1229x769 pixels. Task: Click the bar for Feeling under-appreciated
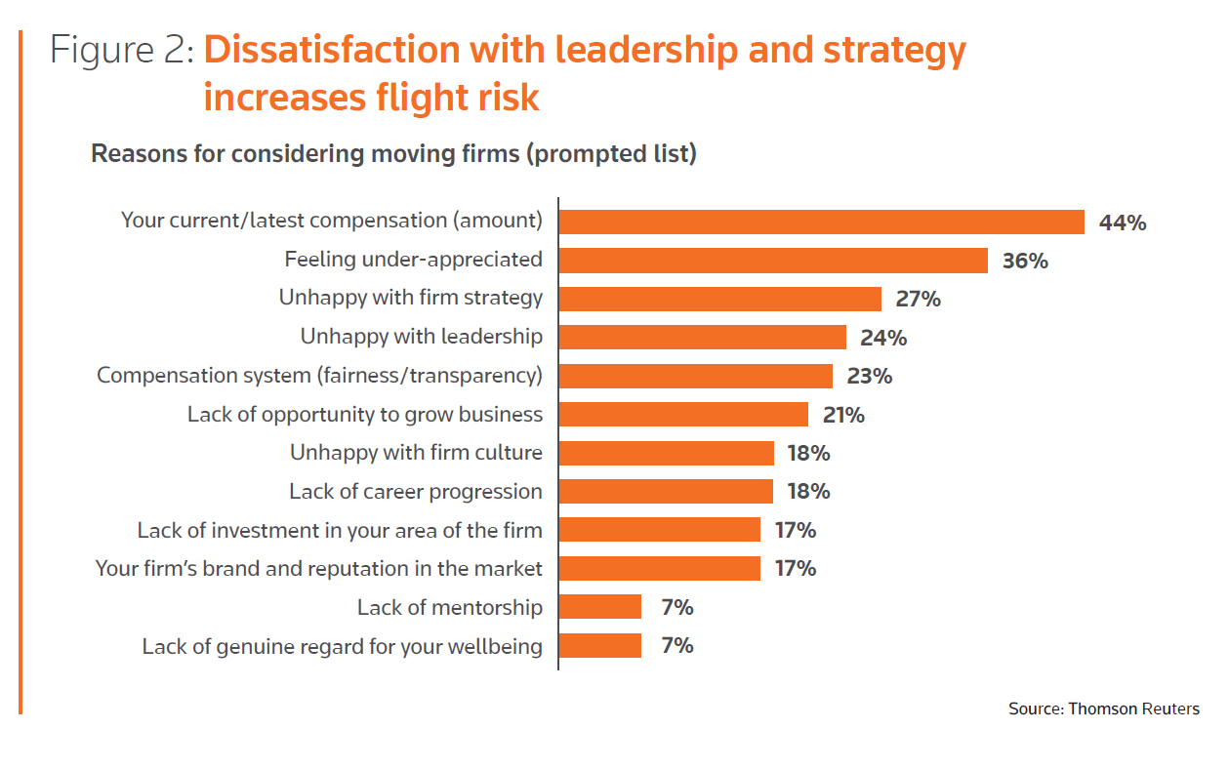[773, 261]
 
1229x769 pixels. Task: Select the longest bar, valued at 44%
[821, 222]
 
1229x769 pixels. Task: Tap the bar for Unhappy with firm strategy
[719, 299]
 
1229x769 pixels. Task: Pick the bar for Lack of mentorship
[599, 607]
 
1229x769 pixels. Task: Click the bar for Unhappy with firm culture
[666, 453]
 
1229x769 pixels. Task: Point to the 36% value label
[1025, 261]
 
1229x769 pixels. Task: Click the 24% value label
[883, 338]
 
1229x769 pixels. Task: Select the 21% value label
[843, 415]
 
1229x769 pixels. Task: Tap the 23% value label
[869, 376]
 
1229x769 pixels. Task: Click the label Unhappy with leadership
[421, 337]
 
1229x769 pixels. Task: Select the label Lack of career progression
[415, 491]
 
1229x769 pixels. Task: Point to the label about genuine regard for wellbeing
[342, 646]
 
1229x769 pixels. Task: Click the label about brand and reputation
[318, 568]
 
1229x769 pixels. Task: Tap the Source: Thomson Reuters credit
[1103, 708]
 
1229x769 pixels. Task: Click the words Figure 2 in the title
[122, 51]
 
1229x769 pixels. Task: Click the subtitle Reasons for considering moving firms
[393, 154]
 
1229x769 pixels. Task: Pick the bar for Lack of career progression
[666, 491]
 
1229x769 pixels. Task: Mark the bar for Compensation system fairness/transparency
[695, 376]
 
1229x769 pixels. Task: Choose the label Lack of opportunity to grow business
[365, 414]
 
